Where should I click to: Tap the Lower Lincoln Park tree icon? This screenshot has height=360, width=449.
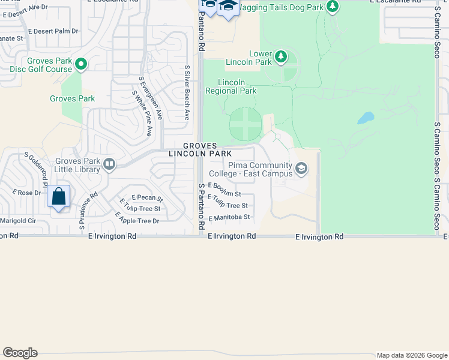280,58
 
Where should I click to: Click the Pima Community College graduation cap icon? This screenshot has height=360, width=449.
301,170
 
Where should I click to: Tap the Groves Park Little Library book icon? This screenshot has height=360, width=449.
109,164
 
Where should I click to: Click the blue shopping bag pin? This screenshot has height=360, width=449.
59,197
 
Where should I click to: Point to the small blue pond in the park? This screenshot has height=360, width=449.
366,118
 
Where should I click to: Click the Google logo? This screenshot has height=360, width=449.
20,353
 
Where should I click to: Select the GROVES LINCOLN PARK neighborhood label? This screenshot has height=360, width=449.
200,150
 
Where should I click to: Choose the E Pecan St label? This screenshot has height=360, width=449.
147,197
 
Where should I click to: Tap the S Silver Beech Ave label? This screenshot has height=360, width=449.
187,93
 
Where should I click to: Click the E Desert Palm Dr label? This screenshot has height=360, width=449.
53,31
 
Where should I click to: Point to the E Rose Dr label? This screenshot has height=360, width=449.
26,193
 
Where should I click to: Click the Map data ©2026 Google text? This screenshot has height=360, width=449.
411,355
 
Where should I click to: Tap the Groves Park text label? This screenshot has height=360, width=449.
72,98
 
